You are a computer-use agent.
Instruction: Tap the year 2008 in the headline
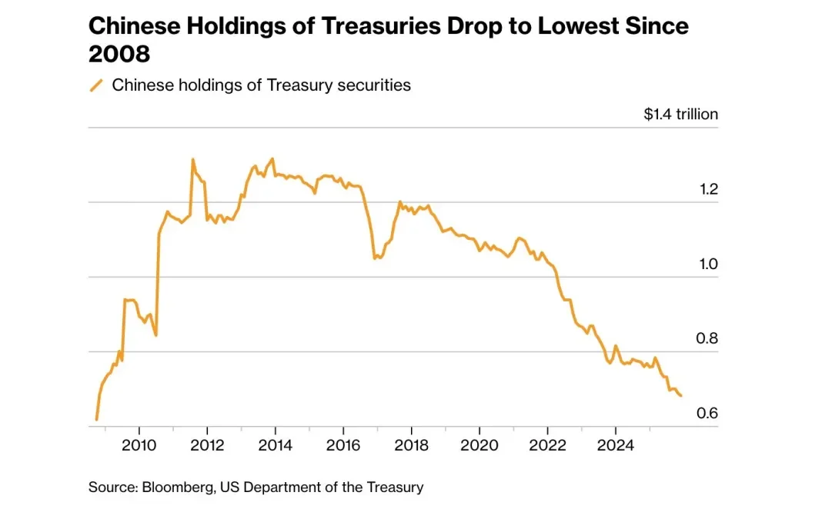point(119,55)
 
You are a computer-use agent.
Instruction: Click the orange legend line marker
point(97,85)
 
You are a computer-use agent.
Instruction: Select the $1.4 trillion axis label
point(680,115)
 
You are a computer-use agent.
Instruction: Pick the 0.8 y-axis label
point(707,339)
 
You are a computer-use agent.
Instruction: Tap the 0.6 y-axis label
point(707,414)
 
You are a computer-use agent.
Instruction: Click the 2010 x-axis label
point(140,445)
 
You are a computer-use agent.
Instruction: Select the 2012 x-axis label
point(207,445)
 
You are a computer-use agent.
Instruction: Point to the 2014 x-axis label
point(275,445)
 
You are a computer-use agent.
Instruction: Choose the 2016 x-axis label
point(343,445)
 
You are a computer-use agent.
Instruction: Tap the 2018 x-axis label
point(411,445)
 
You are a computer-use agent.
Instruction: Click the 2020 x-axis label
point(479,445)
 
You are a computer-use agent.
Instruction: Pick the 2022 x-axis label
point(547,445)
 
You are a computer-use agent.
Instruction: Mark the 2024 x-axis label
point(615,445)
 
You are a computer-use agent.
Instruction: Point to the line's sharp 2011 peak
point(192,160)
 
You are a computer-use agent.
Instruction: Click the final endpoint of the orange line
point(680,395)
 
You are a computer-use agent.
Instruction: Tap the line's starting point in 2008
point(96,420)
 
